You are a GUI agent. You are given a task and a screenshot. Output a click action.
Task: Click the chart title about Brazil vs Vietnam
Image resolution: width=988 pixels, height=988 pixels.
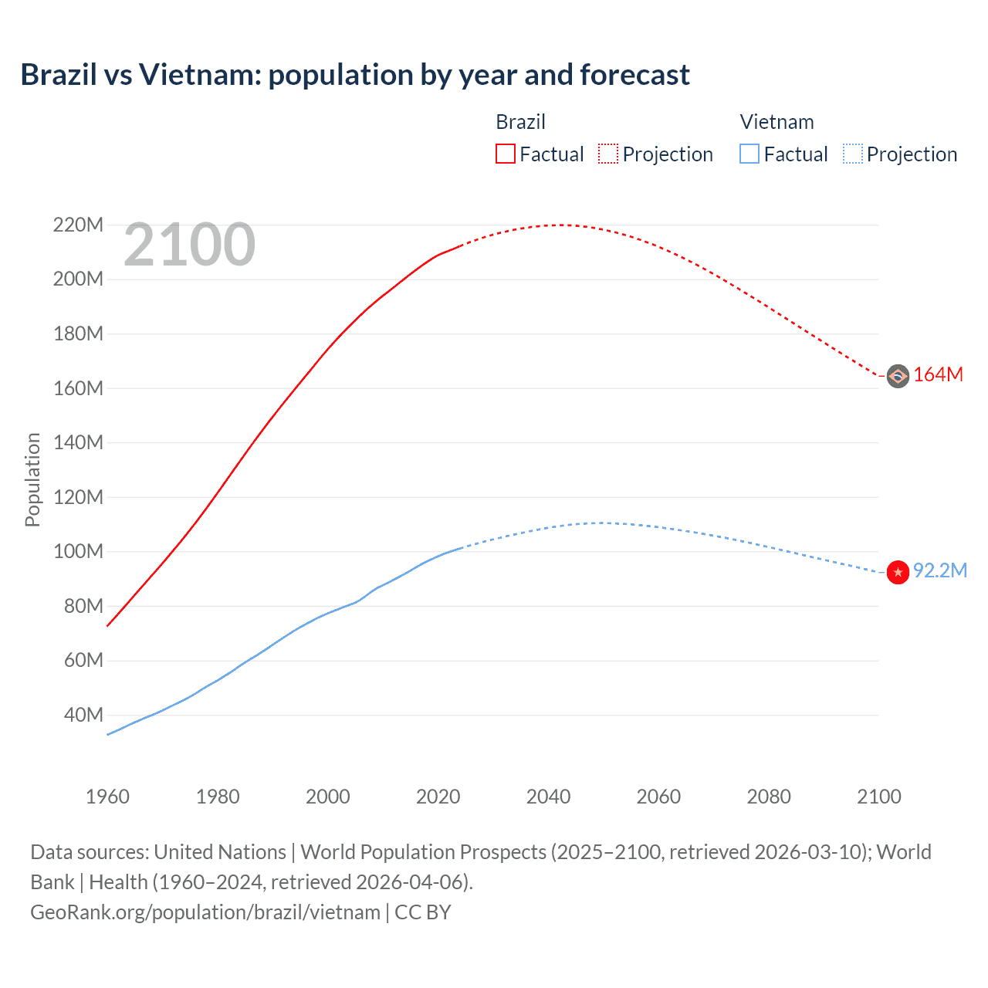pyautogui.click(x=355, y=75)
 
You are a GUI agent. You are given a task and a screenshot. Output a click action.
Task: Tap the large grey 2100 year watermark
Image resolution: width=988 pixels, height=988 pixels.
pyautogui.click(x=189, y=245)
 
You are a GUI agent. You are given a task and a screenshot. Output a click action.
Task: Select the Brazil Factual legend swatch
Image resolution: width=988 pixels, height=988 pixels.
pyautogui.click(x=506, y=154)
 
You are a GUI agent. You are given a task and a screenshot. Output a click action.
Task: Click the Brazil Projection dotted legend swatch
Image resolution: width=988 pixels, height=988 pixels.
pyautogui.click(x=608, y=154)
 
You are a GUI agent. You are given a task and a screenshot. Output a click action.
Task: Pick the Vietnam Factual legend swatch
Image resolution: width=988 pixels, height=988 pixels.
pyautogui.click(x=749, y=154)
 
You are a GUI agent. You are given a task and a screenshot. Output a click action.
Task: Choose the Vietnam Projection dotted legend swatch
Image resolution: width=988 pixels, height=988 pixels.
pyautogui.click(x=852, y=154)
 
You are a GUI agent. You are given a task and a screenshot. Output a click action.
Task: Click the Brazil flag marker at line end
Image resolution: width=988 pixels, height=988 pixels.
pyautogui.click(x=898, y=376)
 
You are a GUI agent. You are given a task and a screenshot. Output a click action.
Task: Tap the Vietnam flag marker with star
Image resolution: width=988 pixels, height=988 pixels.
pyautogui.click(x=898, y=572)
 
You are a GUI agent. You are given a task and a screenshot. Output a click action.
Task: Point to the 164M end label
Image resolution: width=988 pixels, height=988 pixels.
pyautogui.click(x=938, y=375)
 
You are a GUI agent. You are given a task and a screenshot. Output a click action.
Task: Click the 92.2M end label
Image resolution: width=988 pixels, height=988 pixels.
pyautogui.click(x=939, y=570)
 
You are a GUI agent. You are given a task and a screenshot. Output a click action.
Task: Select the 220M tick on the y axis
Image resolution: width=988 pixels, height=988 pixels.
pyautogui.click(x=78, y=225)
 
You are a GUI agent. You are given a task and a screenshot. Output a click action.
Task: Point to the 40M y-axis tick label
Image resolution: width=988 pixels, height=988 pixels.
pyautogui.click(x=83, y=715)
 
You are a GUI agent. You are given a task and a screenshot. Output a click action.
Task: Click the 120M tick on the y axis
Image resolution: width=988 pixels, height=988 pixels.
pyautogui.click(x=78, y=497)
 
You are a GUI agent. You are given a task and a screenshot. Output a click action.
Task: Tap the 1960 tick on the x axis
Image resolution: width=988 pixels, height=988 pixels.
pyautogui.click(x=107, y=797)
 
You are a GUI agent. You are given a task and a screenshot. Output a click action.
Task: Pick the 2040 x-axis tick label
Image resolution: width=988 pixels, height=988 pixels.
pyautogui.click(x=548, y=797)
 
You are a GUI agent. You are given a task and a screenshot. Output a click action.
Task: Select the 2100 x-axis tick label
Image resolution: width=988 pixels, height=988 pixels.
pyautogui.click(x=878, y=797)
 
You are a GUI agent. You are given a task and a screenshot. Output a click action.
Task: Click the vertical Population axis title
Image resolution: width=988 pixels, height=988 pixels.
pyautogui.click(x=32, y=479)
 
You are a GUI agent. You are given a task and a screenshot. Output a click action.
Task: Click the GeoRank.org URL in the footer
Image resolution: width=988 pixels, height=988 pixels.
pyautogui.click(x=205, y=912)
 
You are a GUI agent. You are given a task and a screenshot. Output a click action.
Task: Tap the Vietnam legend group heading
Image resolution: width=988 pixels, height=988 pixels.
pyautogui.click(x=777, y=122)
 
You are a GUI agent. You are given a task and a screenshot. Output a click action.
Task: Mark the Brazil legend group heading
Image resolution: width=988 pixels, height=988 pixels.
pyautogui.click(x=520, y=122)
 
